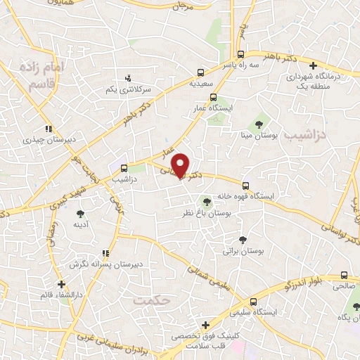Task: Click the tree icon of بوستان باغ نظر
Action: (x=206, y=203)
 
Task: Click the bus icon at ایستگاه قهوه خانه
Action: (x=245, y=186)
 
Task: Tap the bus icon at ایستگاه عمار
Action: (x=213, y=98)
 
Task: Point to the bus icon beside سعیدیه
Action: (x=201, y=72)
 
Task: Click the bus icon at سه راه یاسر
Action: (x=240, y=54)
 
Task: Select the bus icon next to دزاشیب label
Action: (x=124, y=168)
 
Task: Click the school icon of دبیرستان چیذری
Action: (x=48, y=129)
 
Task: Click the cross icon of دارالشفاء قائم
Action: (x=63, y=285)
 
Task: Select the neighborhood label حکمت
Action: (x=151, y=301)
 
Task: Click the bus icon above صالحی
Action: (x=343, y=276)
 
